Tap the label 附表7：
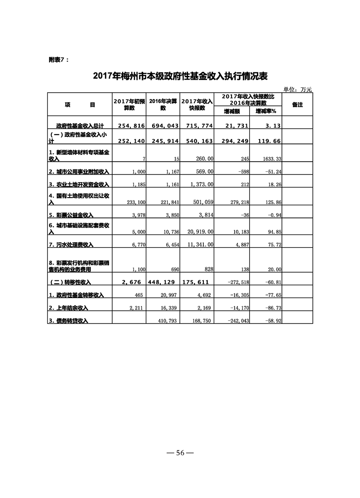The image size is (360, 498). pos(59,60)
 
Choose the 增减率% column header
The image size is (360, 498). pos(269,111)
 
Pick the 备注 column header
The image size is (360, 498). pos(297,105)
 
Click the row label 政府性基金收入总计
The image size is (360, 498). pos(80,125)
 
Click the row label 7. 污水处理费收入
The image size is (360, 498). pos(71,244)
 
